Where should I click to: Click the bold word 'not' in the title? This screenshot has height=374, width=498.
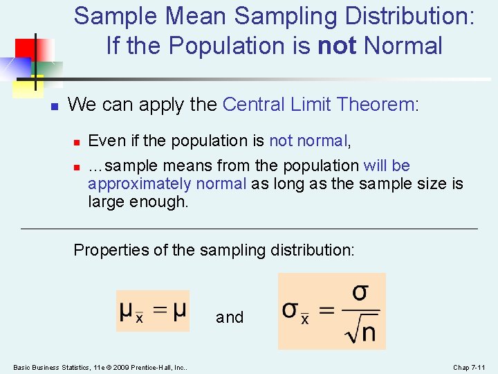[337, 46]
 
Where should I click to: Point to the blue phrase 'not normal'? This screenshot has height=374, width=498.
[308, 141]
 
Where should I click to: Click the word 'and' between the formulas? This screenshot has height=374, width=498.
[230, 317]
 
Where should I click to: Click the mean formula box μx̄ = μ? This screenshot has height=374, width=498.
[153, 310]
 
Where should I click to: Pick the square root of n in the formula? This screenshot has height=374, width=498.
[360, 332]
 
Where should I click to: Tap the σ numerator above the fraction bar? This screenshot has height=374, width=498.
[360, 292]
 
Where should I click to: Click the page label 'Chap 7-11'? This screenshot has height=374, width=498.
[470, 366]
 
